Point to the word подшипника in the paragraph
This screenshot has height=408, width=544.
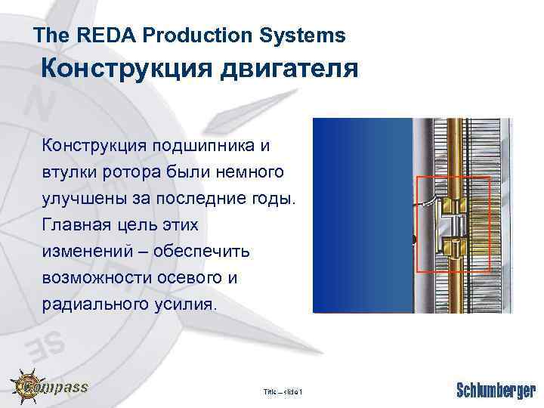click(202, 144)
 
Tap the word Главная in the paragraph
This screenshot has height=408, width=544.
click(76, 226)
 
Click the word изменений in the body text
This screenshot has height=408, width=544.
click(84, 252)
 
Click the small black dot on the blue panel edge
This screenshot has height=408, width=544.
click(413, 240)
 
